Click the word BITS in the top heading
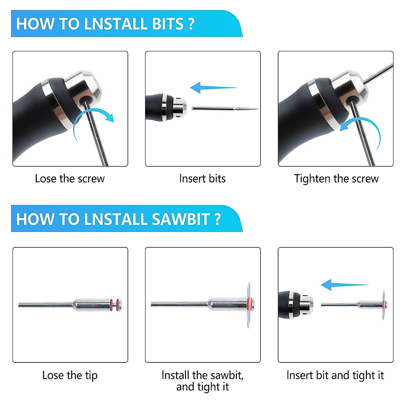[167, 24]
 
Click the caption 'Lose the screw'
[70, 179]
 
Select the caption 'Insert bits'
[202, 179]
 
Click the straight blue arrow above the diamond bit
[214, 88]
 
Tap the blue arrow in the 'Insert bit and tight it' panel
[345, 285]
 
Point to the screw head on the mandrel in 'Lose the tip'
[120, 304]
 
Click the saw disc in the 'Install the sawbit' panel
[249, 305]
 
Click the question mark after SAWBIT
[218, 219]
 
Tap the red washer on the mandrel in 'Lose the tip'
[111, 304]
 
